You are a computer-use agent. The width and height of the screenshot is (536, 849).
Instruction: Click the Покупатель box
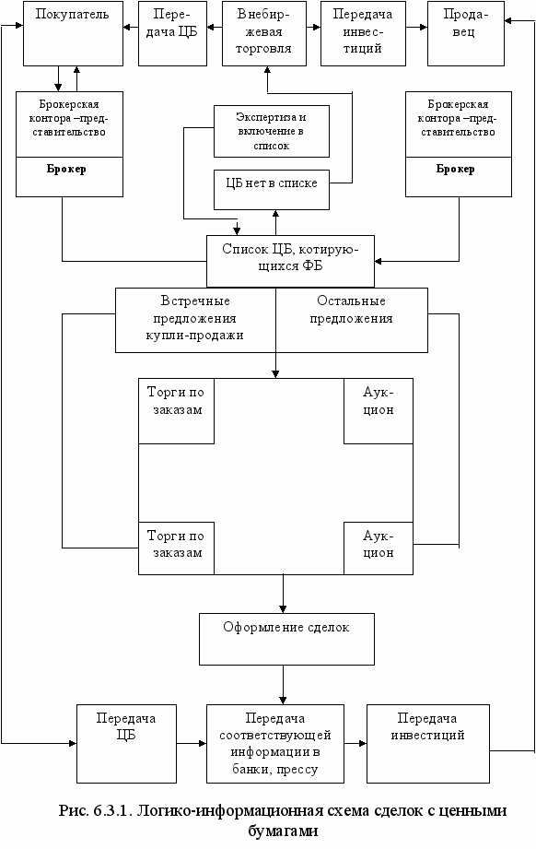coord(73,33)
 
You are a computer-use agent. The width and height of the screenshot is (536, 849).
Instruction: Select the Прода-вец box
coord(466,33)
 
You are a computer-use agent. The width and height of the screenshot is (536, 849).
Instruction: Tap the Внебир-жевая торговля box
coord(264,33)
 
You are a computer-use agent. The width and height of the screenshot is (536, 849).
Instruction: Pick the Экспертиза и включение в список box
coord(272,131)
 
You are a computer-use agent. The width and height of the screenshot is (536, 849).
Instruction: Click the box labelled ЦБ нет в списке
coord(272,190)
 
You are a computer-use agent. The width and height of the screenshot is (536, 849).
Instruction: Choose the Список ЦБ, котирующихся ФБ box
coord(290,261)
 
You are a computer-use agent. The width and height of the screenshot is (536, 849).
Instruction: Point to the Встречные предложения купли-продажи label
coord(194,318)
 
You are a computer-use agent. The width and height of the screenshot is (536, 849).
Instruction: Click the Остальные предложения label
coord(352,309)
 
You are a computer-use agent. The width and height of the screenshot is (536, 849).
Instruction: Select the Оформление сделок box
coord(286,639)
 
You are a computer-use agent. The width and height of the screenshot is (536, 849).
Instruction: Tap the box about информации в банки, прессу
coord(275,743)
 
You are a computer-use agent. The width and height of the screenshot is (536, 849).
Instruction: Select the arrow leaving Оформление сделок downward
coord(283,684)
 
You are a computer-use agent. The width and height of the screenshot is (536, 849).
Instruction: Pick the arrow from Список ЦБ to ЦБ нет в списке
coord(276,222)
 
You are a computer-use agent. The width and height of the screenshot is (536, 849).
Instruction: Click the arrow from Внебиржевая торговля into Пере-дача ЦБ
coord(215,27)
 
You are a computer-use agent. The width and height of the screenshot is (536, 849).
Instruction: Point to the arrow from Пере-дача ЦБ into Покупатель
coord(131,27)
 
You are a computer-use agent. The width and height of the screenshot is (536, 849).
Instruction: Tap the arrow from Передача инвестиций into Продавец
coord(416,27)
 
